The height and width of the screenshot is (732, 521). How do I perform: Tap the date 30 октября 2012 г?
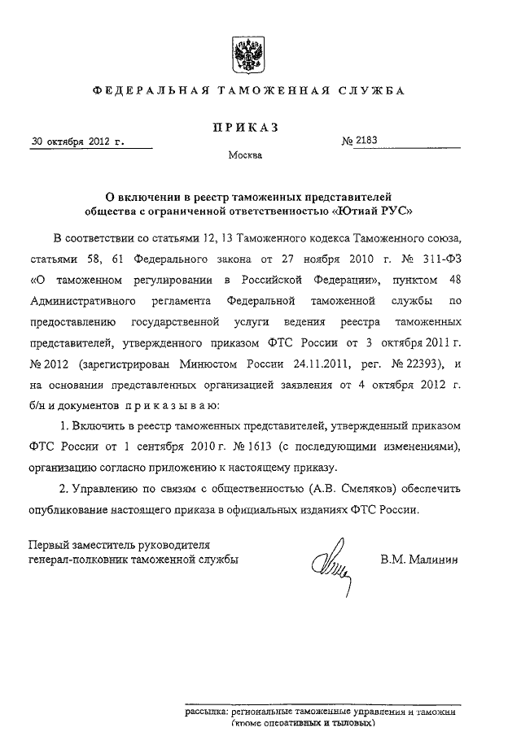pos(78,141)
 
